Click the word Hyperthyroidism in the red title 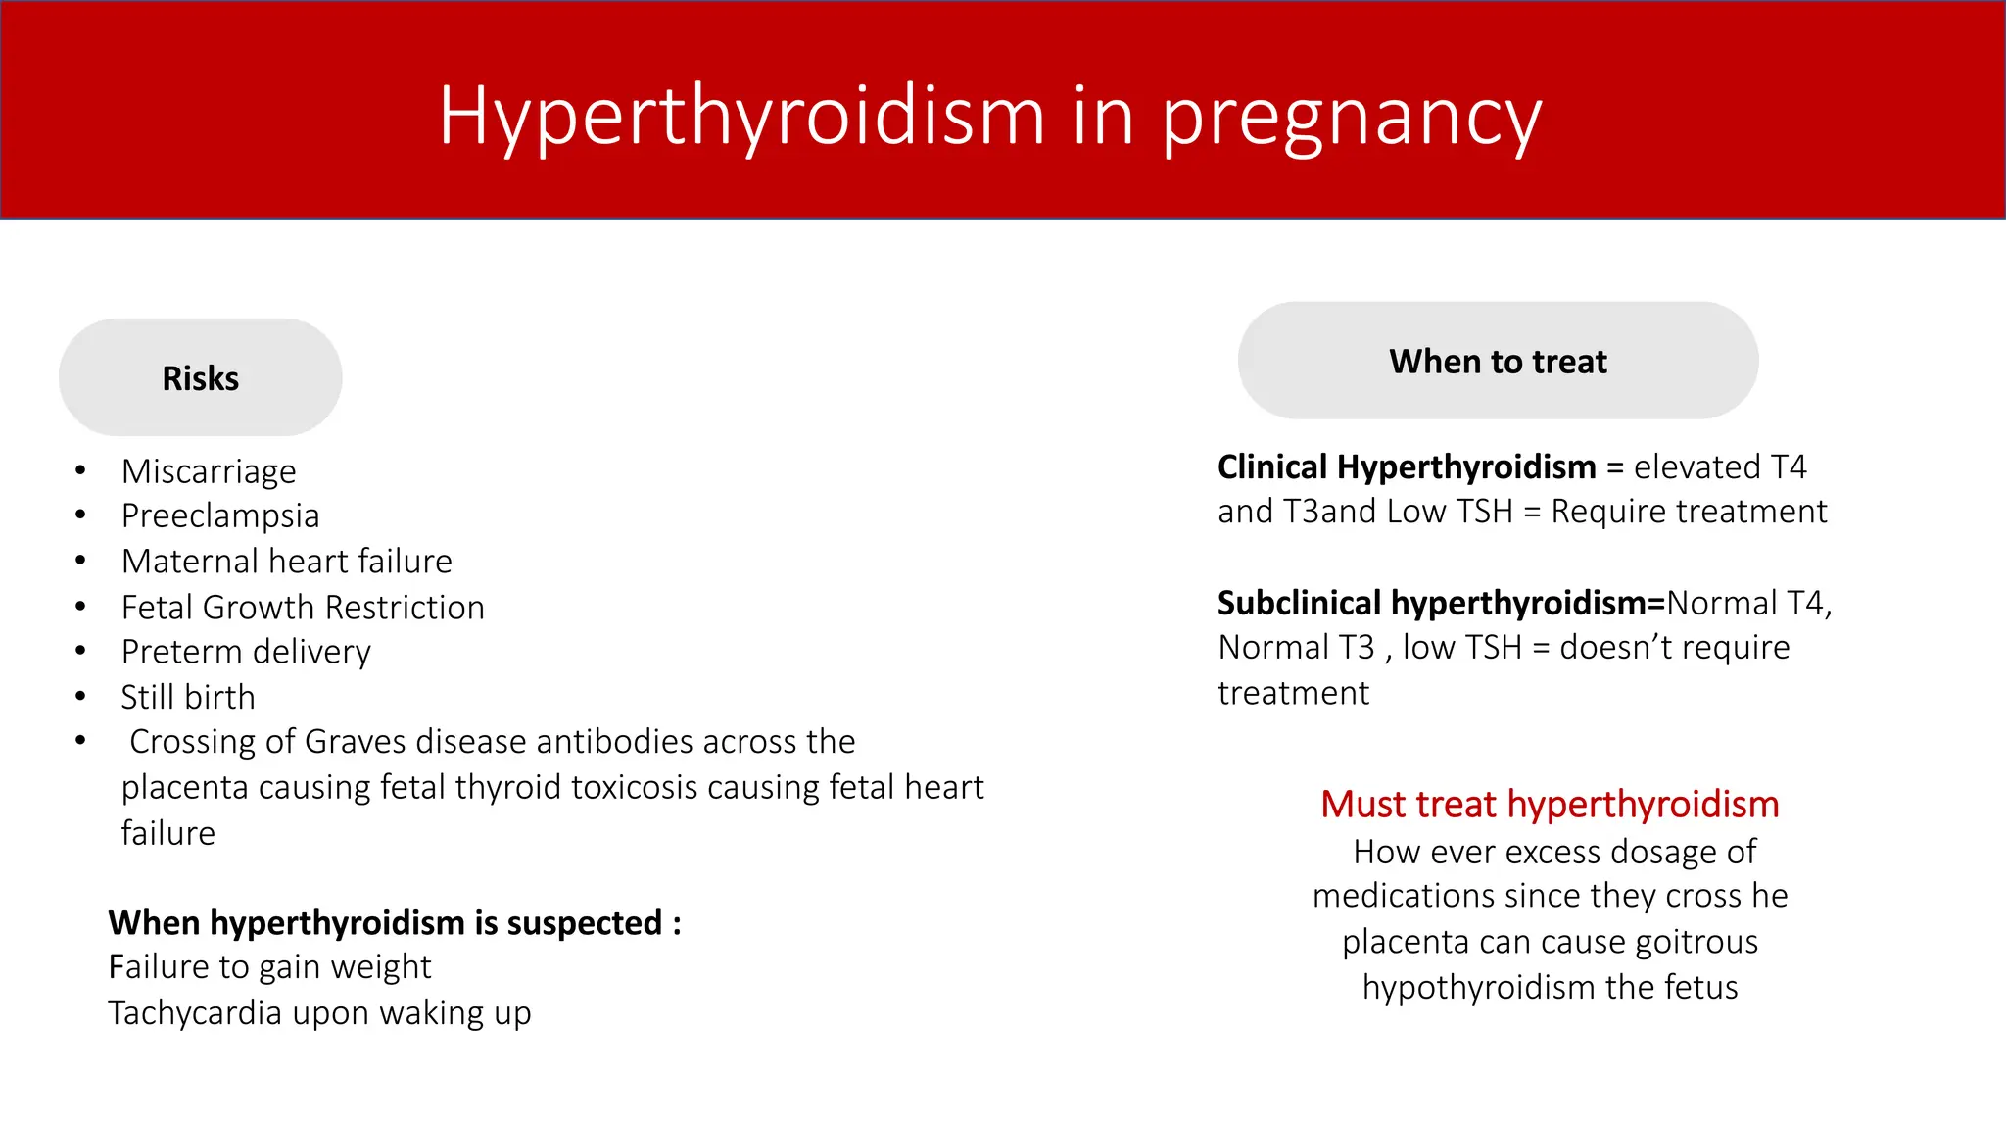pos(741,117)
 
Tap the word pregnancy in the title pos(1352,119)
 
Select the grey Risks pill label pos(201,378)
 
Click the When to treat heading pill pos(1498,362)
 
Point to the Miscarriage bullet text pos(209,471)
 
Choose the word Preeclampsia pos(220,515)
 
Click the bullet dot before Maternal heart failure pos(80,561)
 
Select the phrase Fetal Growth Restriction pos(303,608)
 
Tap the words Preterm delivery pos(246,652)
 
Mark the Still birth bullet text pos(188,697)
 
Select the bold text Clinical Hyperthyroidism pos(1407,466)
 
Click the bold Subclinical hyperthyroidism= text pos(1441,603)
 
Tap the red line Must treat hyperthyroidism pos(1550,804)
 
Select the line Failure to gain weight pos(269,967)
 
